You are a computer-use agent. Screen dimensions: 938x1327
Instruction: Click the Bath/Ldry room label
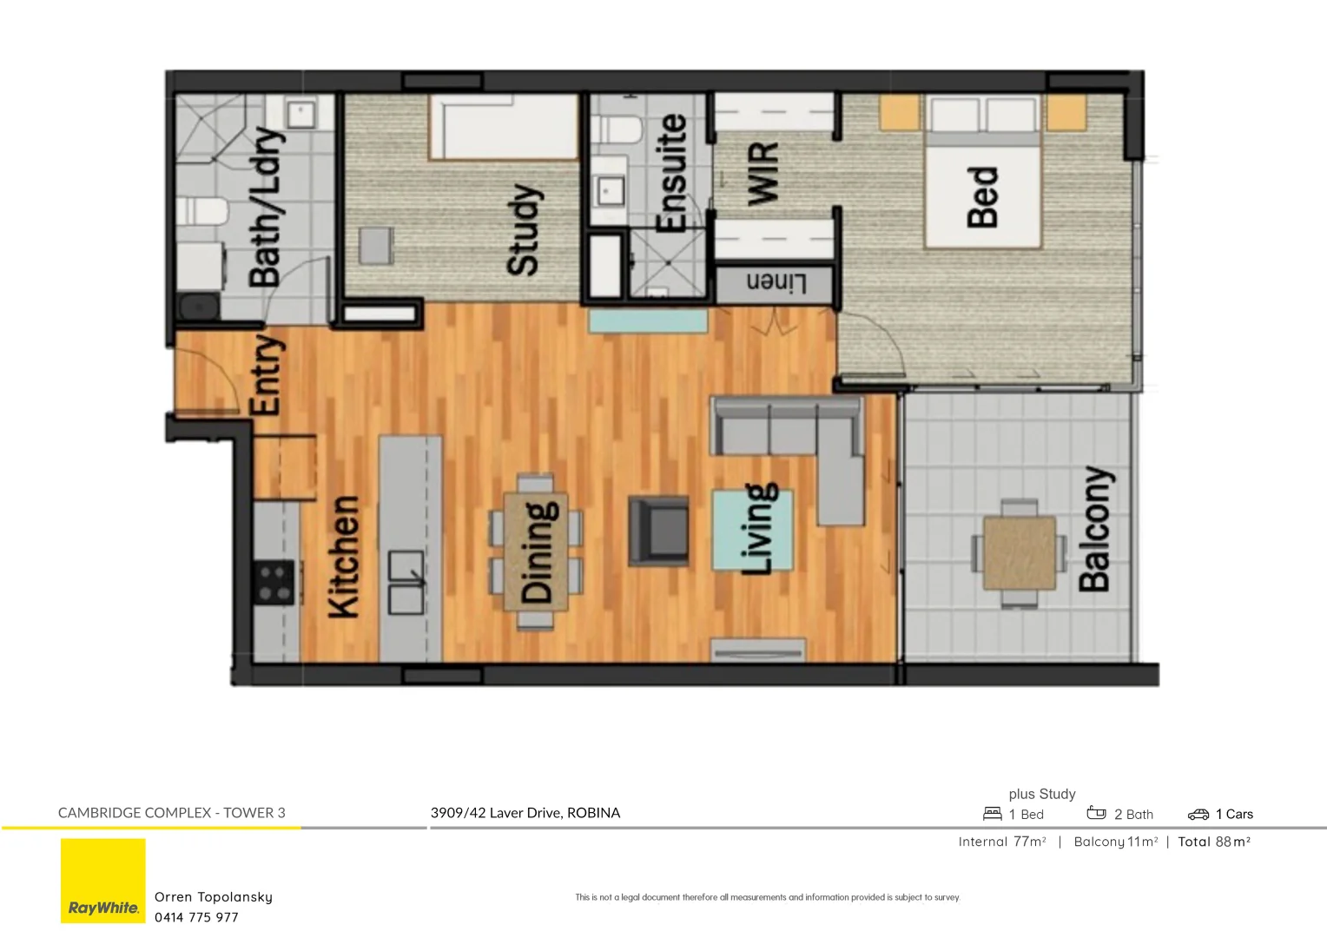(x=266, y=208)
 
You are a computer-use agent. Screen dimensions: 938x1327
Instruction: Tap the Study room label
(x=523, y=229)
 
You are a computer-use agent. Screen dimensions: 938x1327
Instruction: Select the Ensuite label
(x=671, y=173)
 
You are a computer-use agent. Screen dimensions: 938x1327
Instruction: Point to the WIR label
(x=763, y=175)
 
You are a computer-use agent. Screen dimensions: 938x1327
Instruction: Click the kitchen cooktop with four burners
(x=274, y=583)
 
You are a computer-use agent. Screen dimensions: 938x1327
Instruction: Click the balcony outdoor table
(x=1020, y=553)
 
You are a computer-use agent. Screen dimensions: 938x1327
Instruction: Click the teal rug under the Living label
(x=752, y=530)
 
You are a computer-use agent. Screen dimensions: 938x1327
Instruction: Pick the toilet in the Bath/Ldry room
(x=201, y=211)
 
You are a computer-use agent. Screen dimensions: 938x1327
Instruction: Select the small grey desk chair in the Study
(x=376, y=245)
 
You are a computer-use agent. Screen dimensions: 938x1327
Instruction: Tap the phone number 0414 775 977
(x=196, y=917)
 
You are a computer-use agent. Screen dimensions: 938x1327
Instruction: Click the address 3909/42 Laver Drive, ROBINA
(x=525, y=813)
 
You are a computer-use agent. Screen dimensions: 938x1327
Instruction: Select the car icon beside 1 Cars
(x=1198, y=814)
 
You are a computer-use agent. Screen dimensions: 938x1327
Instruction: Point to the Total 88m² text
(x=1214, y=842)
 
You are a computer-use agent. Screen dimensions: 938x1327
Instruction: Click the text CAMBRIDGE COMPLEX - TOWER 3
(x=172, y=813)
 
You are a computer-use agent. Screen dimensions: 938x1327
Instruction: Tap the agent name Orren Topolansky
(x=214, y=897)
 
